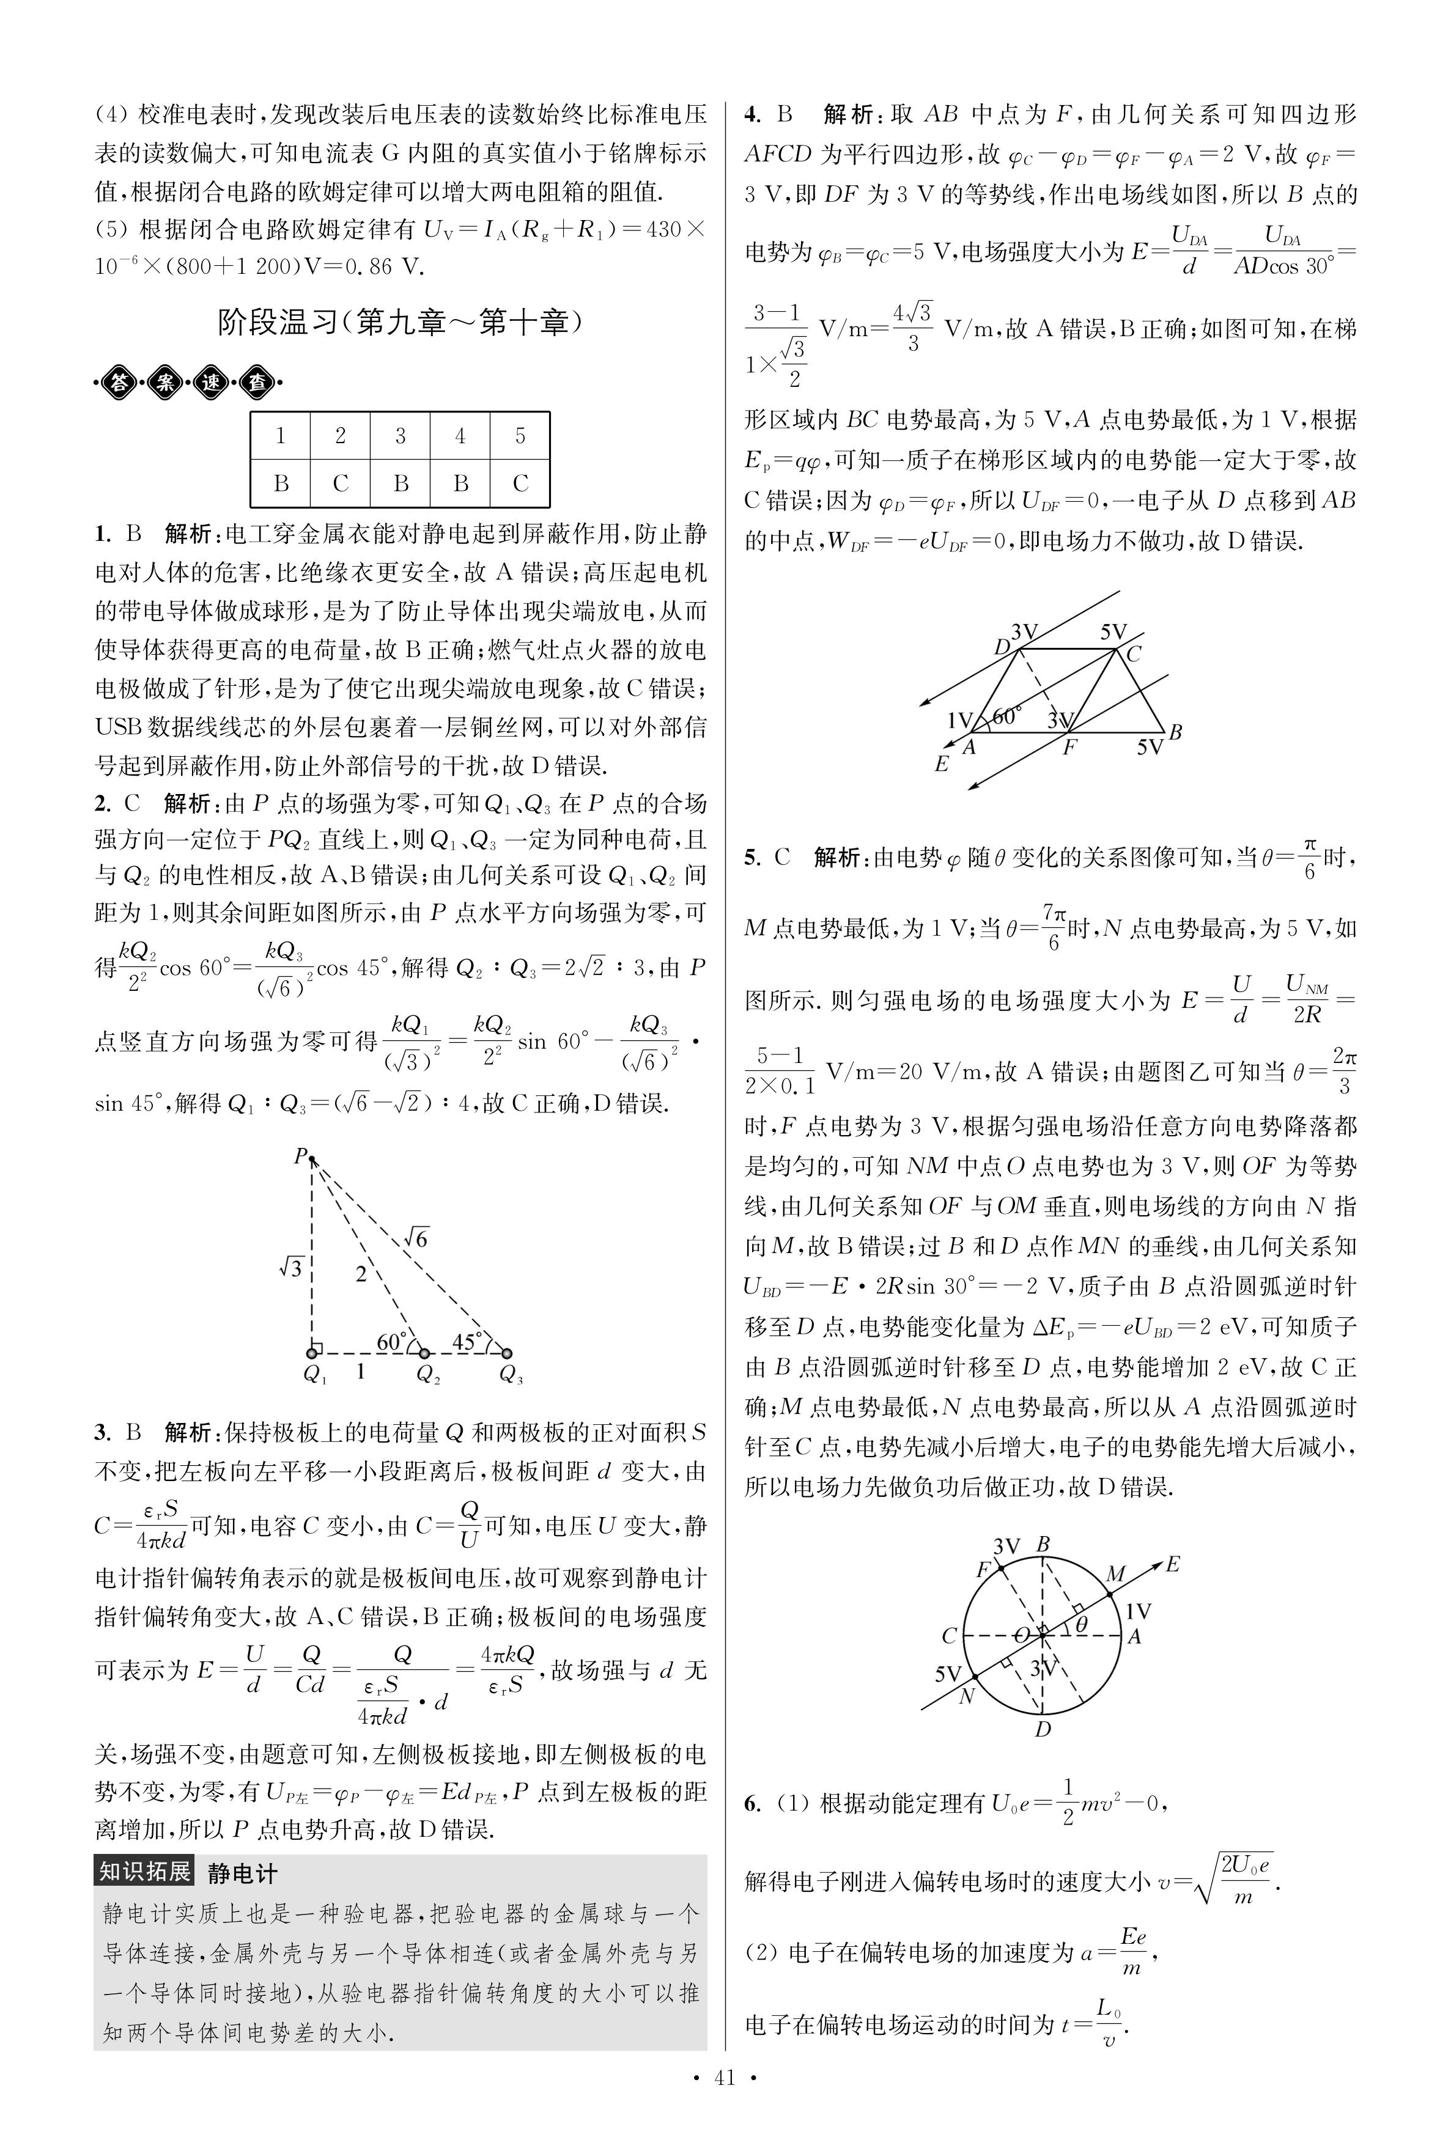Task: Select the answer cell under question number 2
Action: (x=341, y=483)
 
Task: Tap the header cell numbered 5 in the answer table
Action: (x=520, y=436)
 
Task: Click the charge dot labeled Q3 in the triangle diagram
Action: (x=506, y=1353)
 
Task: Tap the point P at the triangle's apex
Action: (x=311, y=1157)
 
